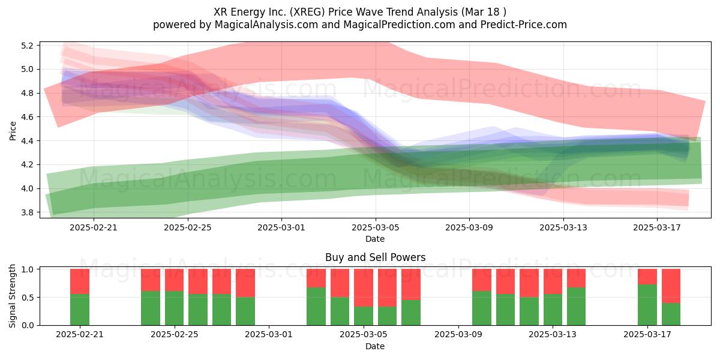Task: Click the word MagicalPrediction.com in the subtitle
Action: (399, 25)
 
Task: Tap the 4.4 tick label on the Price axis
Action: (27, 141)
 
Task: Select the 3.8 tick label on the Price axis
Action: (27, 212)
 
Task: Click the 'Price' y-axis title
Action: (13, 131)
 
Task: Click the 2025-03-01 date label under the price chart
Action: (281, 227)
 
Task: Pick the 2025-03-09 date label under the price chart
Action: (469, 227)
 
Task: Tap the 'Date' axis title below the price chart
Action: (375, 239)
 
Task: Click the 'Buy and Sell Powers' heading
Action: (375, 257)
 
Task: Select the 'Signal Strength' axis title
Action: (12, 296)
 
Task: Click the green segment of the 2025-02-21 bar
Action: (80, 310)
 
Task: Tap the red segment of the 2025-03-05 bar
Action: (364, 287)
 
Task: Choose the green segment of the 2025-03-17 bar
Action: (647, 305)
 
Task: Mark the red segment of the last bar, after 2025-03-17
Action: (671, 286)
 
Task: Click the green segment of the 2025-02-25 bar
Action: (174, 308)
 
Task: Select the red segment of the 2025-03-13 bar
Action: (553, 281)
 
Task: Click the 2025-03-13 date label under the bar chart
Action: (553, 335)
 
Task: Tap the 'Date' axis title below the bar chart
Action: (375, 346)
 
